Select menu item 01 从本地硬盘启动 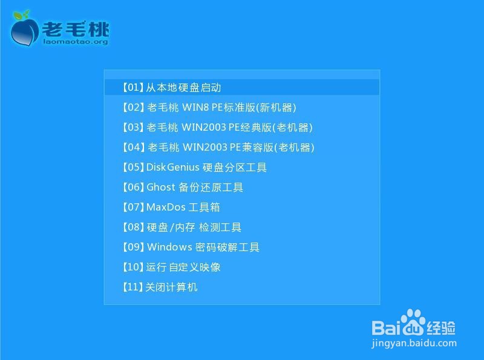pyautogui.click(x=172, y=87)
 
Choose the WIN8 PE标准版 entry pyautogui.click(x=209, y=108)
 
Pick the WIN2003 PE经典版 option pyautogui.click(x=217, y=127)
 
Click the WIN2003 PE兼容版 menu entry pyautogui.click(x=218, y=147)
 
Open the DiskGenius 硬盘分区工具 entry pyautogui.click(x=194, y=168)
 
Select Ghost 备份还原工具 pyautogui.click(x=183, y=187)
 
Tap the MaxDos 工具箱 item pyautogui.click(x=171, y=207)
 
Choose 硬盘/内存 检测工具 pyautogui.click(x=181, y=227)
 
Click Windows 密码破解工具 pyautogui.click(x=191, y=247)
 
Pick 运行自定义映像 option pyautogui.click(x=171, y=267)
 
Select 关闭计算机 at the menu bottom pyautogui.click(x=160, y=287)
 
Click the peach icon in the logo pyautogui.click(x=25, y=30)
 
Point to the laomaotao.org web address pyautogui.click(x=76, y=42)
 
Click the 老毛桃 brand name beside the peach pyautogui.click(x=76, y=29)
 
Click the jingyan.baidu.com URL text pyautogui.click(x=414, y=343)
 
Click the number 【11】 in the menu pyautogui.click(x=132, y=287)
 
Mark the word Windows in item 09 pyautogui.click(x=169, y=247)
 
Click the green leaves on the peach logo pyautogui.click(x=22, y=15)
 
